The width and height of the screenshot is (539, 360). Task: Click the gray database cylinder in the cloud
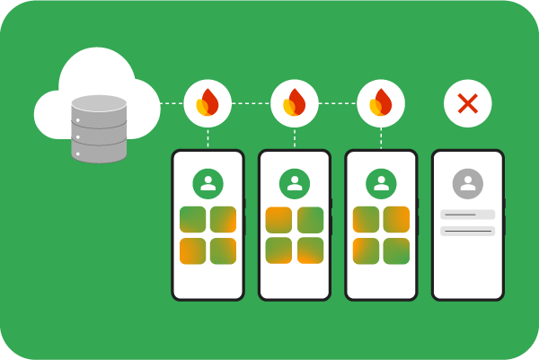99,128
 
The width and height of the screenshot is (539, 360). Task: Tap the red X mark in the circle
467,103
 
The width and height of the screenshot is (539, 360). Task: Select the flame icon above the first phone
208,103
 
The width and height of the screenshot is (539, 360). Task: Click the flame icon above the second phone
295,103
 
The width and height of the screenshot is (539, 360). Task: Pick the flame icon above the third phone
381,103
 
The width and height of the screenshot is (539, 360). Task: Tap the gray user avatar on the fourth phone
467,184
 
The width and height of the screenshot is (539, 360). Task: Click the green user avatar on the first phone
208,184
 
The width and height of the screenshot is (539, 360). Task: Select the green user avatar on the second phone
295,184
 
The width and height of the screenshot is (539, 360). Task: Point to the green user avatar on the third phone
381,184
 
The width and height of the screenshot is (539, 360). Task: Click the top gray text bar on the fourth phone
467,215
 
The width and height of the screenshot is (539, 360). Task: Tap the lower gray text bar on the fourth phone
467,231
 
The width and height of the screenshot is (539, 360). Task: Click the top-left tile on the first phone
192,220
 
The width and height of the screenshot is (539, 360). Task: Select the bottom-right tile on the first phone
223,250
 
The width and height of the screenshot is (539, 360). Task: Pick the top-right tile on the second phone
310,220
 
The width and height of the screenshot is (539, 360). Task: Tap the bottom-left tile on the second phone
279,250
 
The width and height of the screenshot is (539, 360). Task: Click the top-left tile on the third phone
366,220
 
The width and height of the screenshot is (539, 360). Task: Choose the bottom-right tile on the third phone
396,250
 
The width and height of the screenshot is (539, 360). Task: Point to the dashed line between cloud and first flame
172,103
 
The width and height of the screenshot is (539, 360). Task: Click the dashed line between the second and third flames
338,103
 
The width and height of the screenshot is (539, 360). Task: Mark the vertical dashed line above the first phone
208,138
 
